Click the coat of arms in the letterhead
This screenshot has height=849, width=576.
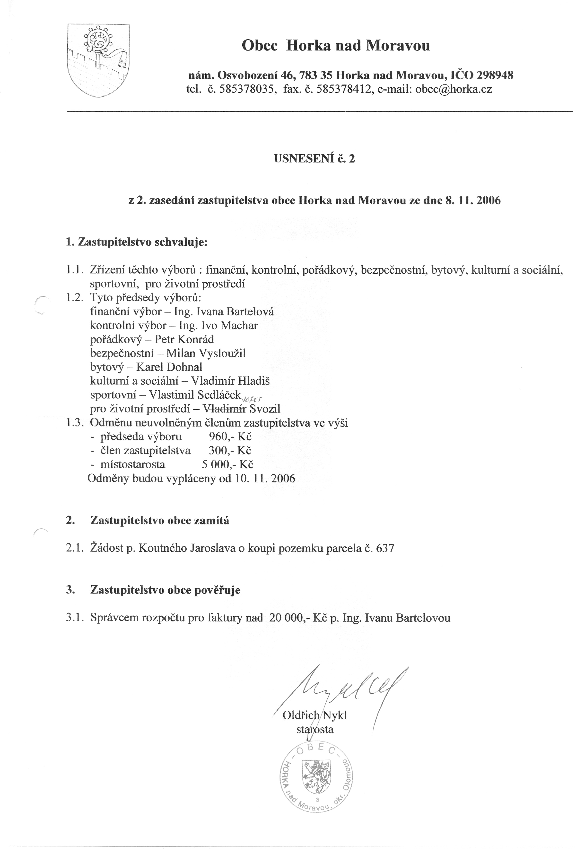(x=98, y=60)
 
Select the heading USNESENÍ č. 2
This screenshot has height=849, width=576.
(x=314, y=159)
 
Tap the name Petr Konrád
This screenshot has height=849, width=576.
(x=184, y=339)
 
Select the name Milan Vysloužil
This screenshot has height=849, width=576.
(x=206, y=353)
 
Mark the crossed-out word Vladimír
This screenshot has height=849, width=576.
(x=225, y=409)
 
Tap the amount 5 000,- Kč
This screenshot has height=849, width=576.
(x=227, y=465)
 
